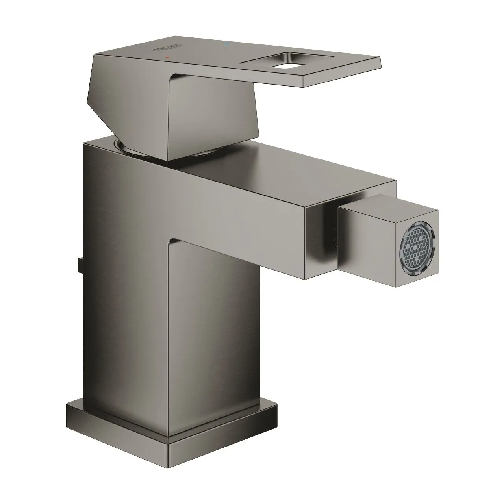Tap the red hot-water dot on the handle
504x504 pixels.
click(x=169, y=57)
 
